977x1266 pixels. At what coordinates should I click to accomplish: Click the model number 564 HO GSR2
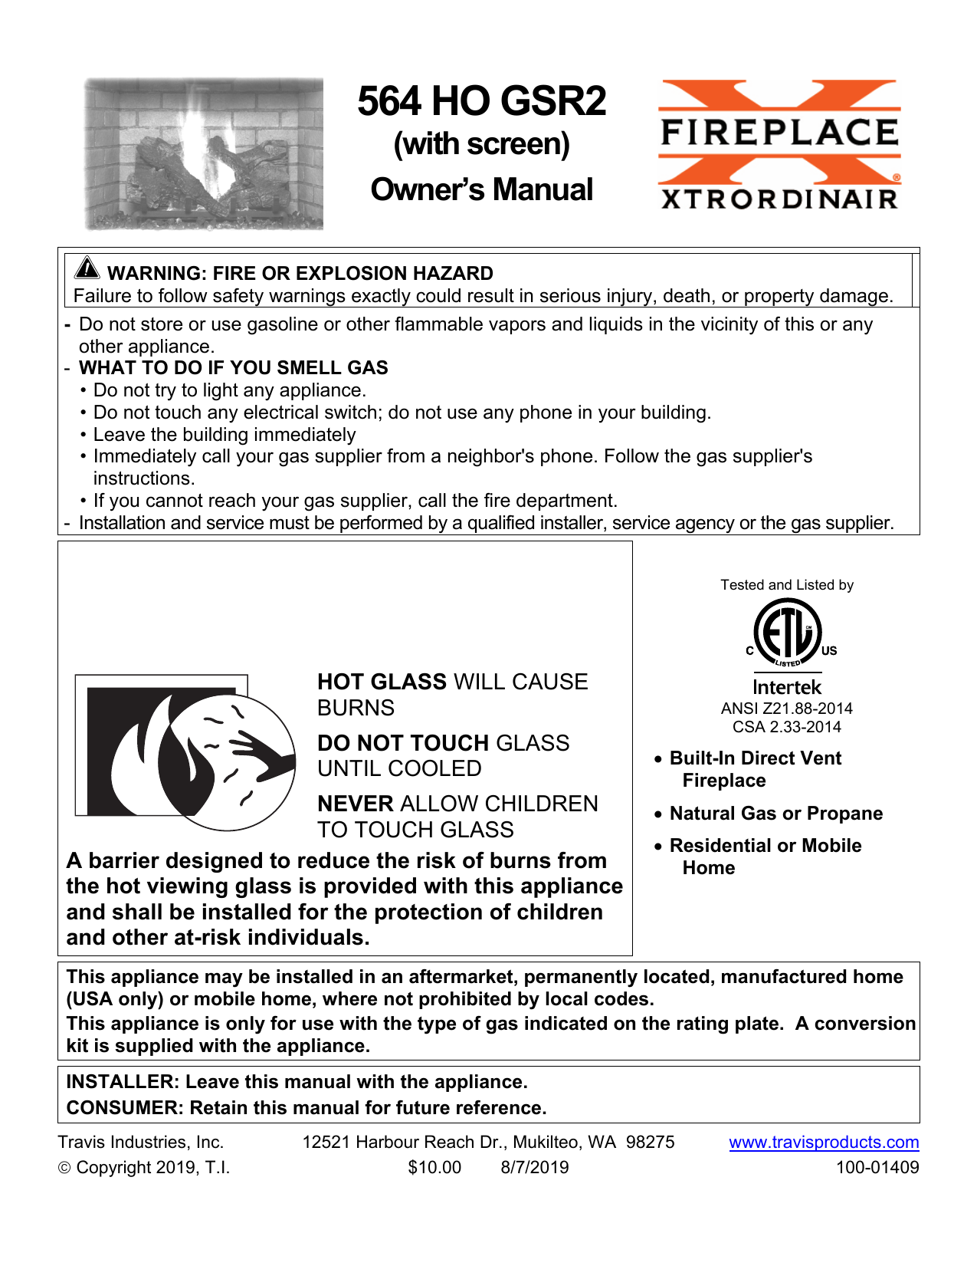[x=481, y=101]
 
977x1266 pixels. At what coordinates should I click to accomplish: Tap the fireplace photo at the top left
[x=204, y=153]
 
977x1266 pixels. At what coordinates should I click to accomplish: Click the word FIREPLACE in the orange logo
[x=779, y=132]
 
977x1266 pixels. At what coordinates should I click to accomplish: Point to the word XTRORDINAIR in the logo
[x=779, y=199]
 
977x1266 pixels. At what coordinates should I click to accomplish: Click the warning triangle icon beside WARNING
[x=87, y=268]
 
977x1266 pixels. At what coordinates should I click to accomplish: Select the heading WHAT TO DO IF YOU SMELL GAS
[x=233, y=368]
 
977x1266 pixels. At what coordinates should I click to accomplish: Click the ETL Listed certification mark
[x=788, y=632]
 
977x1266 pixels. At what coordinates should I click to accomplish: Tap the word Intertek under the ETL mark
[x=787, y=687]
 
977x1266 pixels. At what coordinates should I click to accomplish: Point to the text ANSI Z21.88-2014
[x=787, y=709]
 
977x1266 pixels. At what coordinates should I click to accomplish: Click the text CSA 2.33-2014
[x=787, y=727]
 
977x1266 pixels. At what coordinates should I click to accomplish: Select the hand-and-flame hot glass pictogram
[x=185, y=751]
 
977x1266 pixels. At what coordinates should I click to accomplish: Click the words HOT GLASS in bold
[x=382, y=682]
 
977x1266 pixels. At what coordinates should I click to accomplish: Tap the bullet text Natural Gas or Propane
[x=775, y=814]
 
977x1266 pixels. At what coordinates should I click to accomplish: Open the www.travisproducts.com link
[x=824, y=1143]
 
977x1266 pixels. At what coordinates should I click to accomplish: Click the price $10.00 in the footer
[x=434, y=1168]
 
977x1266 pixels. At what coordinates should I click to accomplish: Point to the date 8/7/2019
[x=535, y=1168]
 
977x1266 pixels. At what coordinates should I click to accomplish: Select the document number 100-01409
[x=877, y=1168]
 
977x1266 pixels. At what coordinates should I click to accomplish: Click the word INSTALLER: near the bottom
[x=123, y=1082]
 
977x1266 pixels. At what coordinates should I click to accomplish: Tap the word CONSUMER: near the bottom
[x=125, y=1108]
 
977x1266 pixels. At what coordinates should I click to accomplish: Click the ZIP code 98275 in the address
[x=650, y=1143]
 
